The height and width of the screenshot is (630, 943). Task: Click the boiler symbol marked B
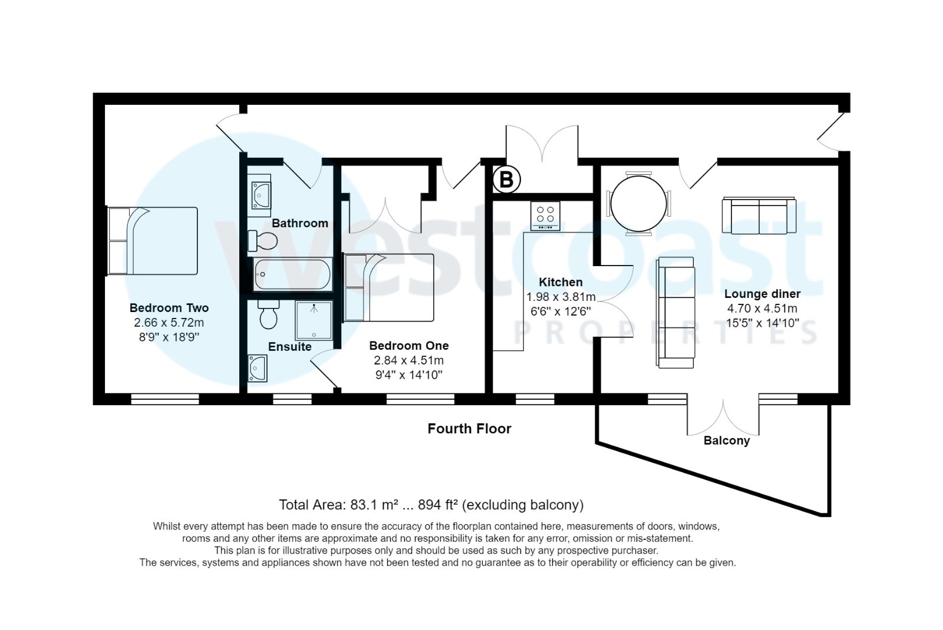[506, 179]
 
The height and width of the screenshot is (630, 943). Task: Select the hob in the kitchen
[545, 215]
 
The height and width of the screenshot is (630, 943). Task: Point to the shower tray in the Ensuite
[314, 320]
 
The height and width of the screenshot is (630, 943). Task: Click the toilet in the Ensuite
[269, 315]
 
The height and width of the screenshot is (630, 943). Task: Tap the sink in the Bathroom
[259, 192]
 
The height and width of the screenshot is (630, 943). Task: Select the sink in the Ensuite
[258, 368]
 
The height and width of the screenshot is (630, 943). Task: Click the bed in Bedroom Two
[153, 241]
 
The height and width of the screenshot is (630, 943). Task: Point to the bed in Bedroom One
[389, 287]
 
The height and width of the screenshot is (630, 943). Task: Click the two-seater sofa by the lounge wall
[759, 216]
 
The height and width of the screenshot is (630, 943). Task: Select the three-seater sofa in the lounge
[676, 313]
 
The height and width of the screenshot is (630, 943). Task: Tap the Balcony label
[727, 440]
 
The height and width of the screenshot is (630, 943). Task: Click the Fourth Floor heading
[469, 429]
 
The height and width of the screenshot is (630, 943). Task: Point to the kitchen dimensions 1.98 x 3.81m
[560, 297]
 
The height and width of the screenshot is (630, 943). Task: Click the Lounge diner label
[762, 294]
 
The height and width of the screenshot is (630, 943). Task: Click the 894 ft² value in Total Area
[438, 505]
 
